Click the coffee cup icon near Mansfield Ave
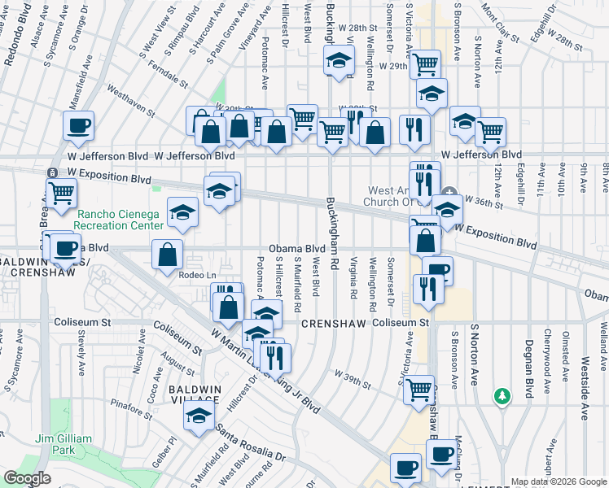pyautogui.click(x=79, y=126)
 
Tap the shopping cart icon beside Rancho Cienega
pyautogui.click(x=62, y=193)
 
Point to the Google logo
pyautogui.click(x=27, y=478)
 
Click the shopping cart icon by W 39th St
pyautogui.click(x=419, y=389)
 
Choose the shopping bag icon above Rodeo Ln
pyautogui.click(x=167, y=254)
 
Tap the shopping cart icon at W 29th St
pyautogui.click(x=426, y=63)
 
